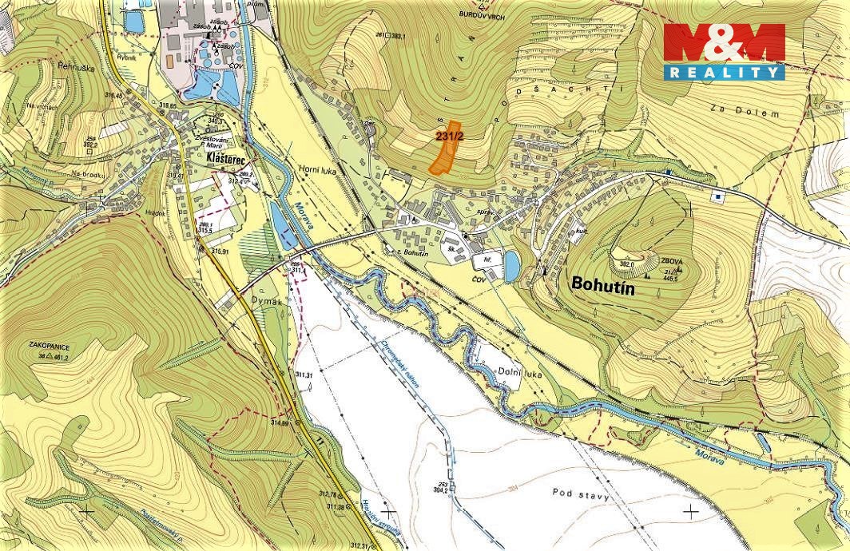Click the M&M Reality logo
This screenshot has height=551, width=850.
click(724, 51)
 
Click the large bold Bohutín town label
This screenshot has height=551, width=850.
click(602, 288)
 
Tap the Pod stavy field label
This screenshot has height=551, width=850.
click(580, 496)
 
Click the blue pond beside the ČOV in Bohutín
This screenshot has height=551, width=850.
click(511, 266)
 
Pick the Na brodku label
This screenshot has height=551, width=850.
click(88, 173)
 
